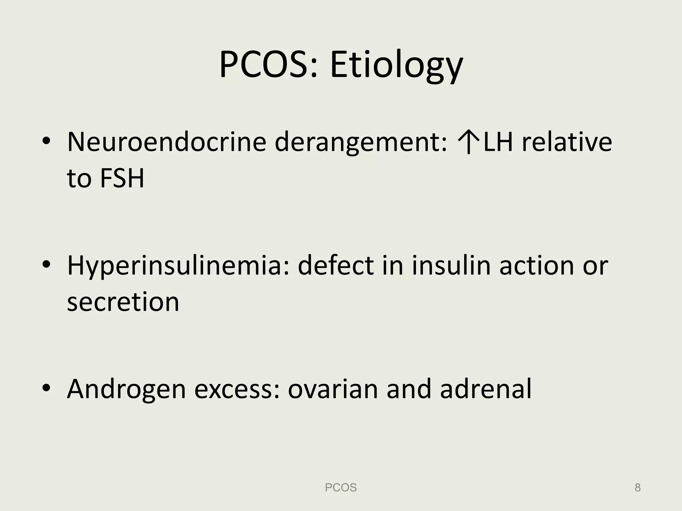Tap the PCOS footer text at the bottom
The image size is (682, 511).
(x=341, y=487)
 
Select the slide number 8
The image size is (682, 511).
(x=637, y=487)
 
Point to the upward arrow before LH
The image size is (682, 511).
(x=469, y=142)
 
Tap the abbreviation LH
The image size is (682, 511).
(x=498, y=142)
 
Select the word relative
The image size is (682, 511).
(x=567, y=142)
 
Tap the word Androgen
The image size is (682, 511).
(x=126, y=389)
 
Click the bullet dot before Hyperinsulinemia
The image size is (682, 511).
(x=46, y=265)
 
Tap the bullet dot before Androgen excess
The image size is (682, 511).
(x=46, y=388)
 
